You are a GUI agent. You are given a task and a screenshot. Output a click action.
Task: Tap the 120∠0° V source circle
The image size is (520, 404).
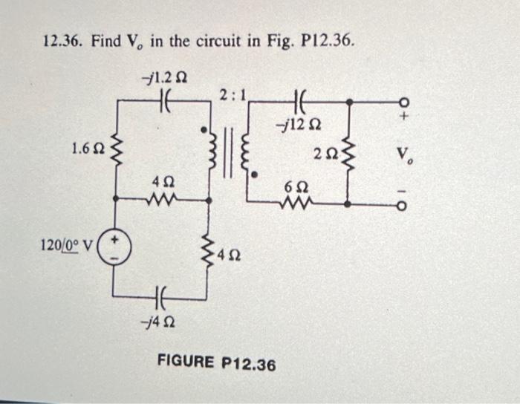[114, 247]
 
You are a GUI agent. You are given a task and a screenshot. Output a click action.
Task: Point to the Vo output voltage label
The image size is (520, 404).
[404, 155]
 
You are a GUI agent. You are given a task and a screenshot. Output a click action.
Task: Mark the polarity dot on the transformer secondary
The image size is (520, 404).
[256, 176]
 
